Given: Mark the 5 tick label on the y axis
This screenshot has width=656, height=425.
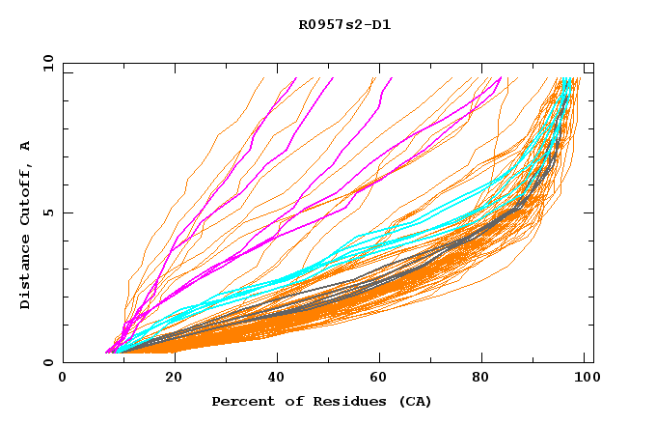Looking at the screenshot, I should [51, 212].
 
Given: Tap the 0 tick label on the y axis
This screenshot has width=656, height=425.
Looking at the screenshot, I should [51, 362].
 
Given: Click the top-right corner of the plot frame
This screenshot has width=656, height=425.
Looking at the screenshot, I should [593, 64].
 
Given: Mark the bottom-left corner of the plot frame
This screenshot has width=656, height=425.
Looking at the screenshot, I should [63, 362].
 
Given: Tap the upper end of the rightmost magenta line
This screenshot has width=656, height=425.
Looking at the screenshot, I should [501, 78].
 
